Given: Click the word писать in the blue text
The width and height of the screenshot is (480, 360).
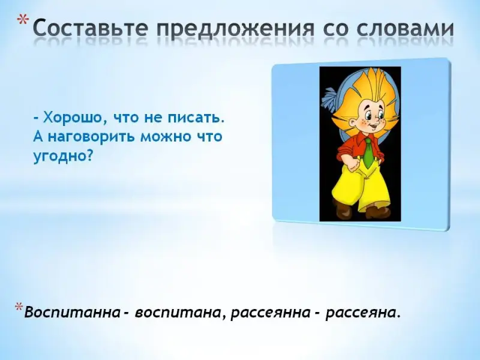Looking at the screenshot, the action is coord(196,118).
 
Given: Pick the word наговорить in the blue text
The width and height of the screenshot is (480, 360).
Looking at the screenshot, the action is coord(92,137).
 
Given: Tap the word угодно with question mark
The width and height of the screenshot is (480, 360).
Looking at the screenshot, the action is coord(63,155).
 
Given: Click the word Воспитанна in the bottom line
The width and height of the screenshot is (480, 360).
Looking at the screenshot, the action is coord(72,313).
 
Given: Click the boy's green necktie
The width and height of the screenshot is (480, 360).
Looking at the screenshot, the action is coord(369,153).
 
